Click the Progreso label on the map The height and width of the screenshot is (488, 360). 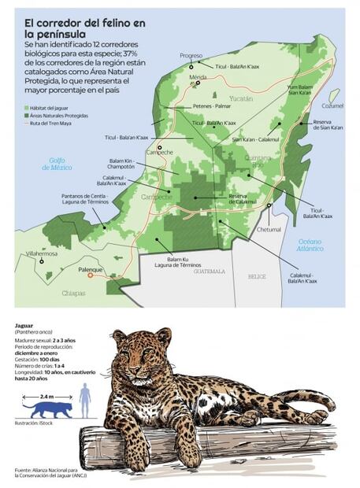click(191, 56)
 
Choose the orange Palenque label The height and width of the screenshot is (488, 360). click(92, 268)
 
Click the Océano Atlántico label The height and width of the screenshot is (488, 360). click(310, 245)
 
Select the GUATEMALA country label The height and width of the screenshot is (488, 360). click(209, 272)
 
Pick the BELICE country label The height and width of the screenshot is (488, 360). click(257, 277)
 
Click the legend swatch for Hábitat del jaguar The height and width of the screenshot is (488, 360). click(27, 106)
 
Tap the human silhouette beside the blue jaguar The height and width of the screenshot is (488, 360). click(84, 401)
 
